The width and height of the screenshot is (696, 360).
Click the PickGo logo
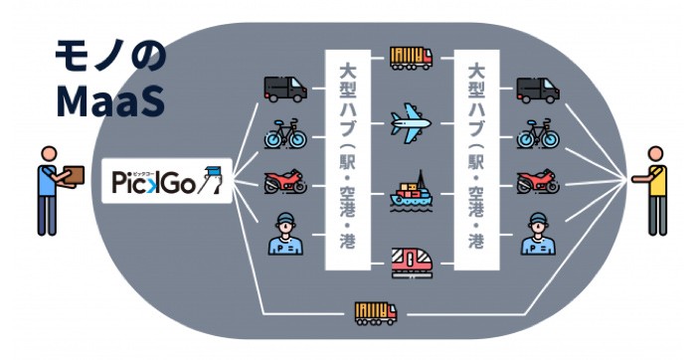tap(167, 181)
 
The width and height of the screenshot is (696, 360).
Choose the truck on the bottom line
tap(376, 313)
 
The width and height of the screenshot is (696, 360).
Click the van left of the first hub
tap(284, 88)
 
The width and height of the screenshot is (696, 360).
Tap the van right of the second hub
tap(537, 88)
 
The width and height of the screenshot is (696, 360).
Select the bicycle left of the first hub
tap(284, 135)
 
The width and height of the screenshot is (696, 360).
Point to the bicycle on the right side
tap(537, 135)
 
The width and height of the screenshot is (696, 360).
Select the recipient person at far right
tap(656, 191)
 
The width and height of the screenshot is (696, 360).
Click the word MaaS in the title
tap(110, 99)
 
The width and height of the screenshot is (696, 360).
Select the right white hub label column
tap(475, 157)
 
